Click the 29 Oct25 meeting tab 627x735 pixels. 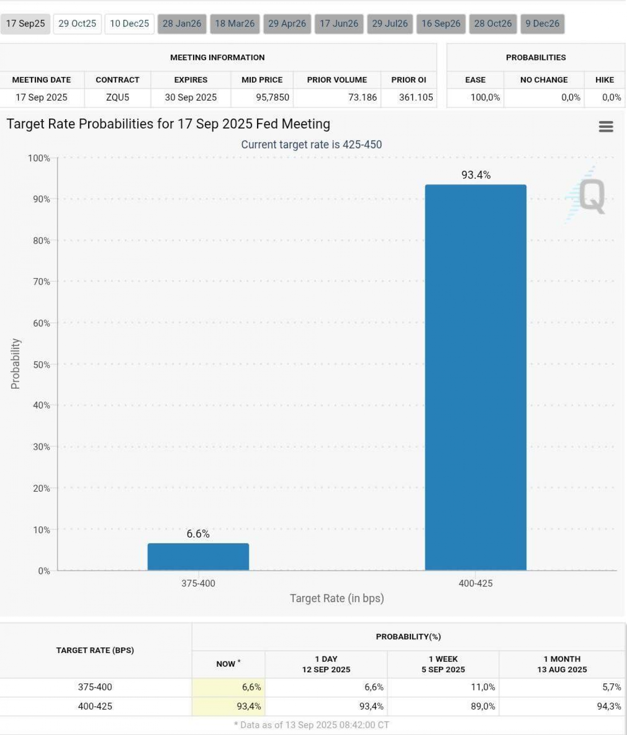77,24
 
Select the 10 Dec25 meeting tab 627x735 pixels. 129,24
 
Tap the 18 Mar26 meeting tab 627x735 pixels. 234,24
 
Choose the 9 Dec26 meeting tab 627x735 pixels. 542,24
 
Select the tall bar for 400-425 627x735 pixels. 475,376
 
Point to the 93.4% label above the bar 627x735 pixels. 476,175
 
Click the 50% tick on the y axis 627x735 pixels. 41,365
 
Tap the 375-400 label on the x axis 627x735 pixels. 198,583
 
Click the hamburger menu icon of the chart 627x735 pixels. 606,126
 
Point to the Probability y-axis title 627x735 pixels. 15,364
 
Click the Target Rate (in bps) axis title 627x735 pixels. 337,598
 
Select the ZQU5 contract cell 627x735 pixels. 118,98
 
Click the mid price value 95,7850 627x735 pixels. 272,98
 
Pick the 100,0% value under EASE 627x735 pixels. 485,98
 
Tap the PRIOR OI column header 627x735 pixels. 409,80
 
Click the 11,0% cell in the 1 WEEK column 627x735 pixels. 483,687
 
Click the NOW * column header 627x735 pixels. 228,664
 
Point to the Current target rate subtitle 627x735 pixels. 311,145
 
